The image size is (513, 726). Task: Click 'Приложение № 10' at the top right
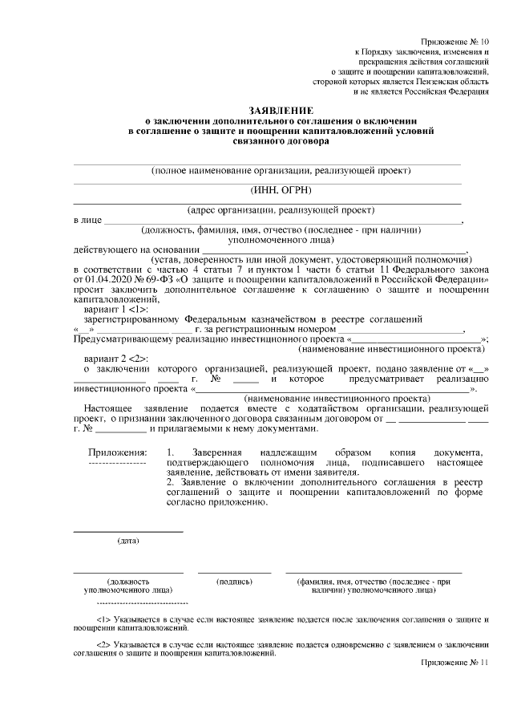(x=454, y=41)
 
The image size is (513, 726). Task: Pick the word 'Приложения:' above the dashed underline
(x=117, y=453)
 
